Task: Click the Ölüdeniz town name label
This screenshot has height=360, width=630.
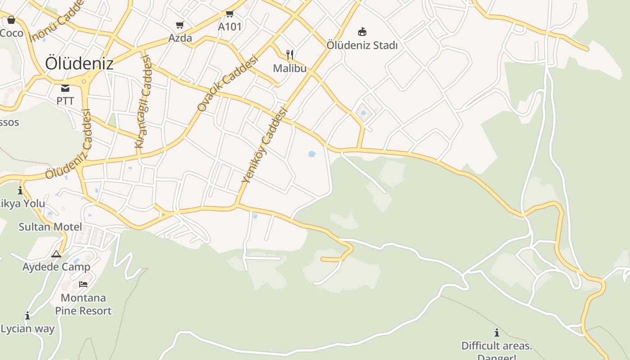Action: pyautogui.click(x=79, y=63)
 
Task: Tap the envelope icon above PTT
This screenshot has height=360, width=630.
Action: pyautogui.click(x=65, y=88)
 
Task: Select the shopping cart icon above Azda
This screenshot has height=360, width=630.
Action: pyautogui.click(x=180, y=25)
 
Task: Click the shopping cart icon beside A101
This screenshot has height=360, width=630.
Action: pyautogui.click(x=230, y=13)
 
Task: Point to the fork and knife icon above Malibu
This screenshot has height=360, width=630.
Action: pyautogui.click(x=290, y=55)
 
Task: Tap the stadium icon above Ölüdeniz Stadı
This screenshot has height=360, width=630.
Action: pyautogui.click(x=362, y=31)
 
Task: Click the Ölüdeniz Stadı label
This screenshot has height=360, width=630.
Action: pyautogui.click(x=362, y=45)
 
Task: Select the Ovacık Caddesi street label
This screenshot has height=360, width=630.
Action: pyautogui.click(x=228, y=83)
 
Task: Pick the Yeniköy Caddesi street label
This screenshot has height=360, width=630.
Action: pyautogui.click(x=264, y=144)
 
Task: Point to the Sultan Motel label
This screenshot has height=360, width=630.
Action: pyautogui.click(x=50, y=227)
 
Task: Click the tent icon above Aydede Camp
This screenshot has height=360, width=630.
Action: pyautogui.click(x=56, y=254)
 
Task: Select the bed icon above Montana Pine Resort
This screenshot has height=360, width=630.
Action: pyautogui.click(x=83, y=284)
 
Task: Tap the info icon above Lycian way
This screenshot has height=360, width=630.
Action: pyautogui.click(x=27, y=315)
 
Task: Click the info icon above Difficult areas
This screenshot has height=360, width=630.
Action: pyautogui.click(x=496, y=333)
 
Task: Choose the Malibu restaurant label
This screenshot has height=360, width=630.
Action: pyautogui.click(x=290, y=68)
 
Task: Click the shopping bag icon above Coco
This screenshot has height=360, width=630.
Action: pyautogui.click(x=11, y=20)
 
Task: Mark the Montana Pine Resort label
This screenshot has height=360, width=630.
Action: pyautogui.click(x=83, y=304)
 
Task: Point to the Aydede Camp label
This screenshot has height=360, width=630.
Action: pyautogui.click(x=56, y=267)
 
